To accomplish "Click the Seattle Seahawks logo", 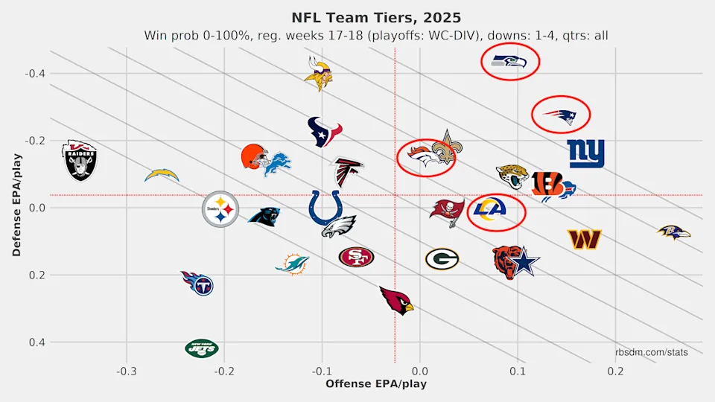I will coord(509,62).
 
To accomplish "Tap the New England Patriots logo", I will coord(560,115).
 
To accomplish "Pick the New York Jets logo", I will coord(202,348).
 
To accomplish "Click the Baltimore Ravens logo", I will coord(673,233).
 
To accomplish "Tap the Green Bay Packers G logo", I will coord(442,258).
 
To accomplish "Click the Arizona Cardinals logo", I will coord(396,300).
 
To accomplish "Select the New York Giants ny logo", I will coord(586,154).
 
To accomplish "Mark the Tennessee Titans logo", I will coord(197,282).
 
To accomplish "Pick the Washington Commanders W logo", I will coord(584,239).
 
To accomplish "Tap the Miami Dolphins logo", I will coord(292,264).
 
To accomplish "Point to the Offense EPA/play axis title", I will coord(376,383).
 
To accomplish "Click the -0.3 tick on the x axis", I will coord(126,371).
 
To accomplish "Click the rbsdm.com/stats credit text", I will coord(652,352).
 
